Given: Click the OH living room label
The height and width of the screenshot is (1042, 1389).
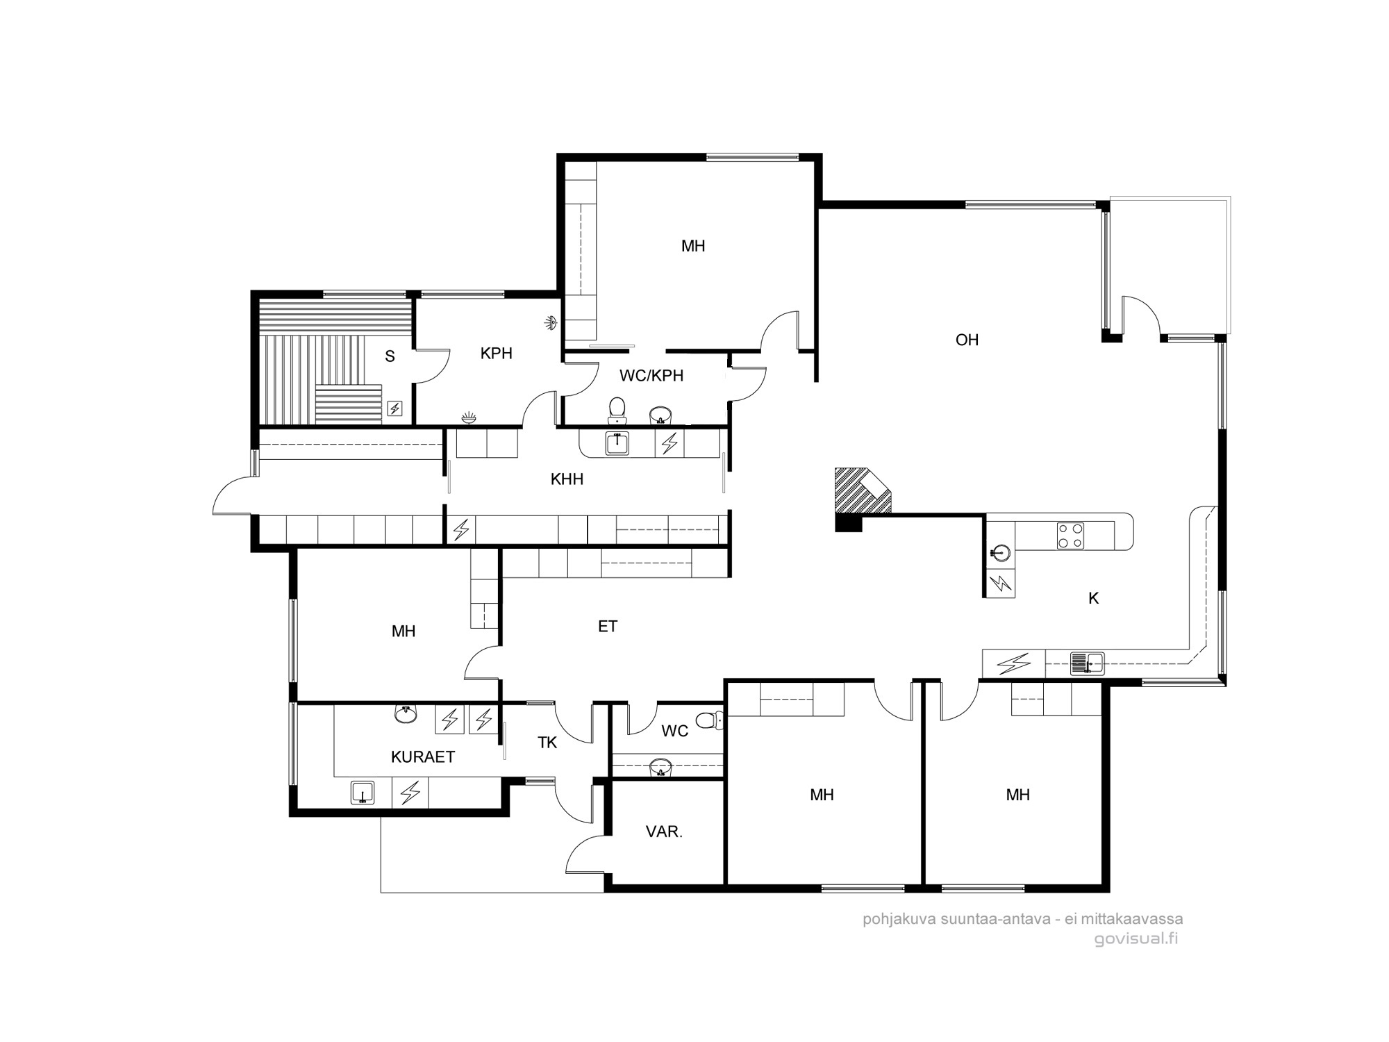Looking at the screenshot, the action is click(967, 340).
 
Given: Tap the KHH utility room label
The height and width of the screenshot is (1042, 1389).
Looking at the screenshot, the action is click(567, 479).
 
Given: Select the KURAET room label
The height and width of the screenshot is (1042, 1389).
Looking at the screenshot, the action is click(423, 757).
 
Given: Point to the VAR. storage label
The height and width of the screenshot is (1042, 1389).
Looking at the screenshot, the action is click(664, 832).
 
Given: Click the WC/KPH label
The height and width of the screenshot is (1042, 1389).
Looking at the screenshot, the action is click(651, 376).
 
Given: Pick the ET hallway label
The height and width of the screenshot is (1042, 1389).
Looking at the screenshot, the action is click(608, 627).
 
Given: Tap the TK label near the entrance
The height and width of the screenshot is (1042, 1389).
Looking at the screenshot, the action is click(547, 743).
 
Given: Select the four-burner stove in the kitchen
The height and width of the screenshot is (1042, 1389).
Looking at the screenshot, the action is click(1070, 536).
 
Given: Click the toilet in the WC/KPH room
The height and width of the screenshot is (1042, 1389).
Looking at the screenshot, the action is click(617, 411).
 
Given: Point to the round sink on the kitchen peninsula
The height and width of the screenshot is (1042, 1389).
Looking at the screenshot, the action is click(999, 552).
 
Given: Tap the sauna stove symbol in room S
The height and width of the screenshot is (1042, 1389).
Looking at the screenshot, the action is click(394, 408).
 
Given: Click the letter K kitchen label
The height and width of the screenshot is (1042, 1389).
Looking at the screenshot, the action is click(1093, 598).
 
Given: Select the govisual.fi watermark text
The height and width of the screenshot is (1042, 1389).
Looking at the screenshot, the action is click(1136, 939).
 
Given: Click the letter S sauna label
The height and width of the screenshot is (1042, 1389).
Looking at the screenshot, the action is click(390, 356).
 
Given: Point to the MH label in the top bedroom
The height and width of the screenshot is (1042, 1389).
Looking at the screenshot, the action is click(693, 246).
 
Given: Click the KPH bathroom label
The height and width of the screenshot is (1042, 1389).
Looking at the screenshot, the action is click(497, 354).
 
